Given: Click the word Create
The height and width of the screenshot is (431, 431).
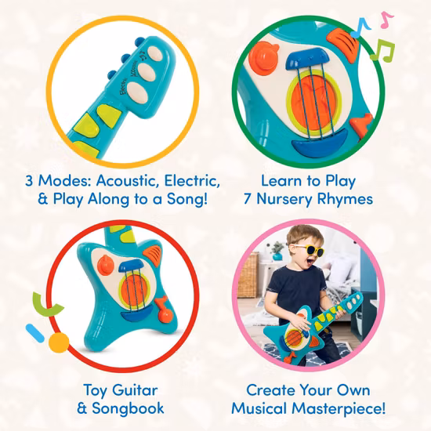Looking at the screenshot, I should click(270, 389).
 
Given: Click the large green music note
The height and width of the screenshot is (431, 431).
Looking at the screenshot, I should click(383, 51).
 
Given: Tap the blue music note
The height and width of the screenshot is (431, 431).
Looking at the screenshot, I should click(363, 26).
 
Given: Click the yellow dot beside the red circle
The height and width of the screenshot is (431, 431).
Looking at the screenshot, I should click(56, 342).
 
